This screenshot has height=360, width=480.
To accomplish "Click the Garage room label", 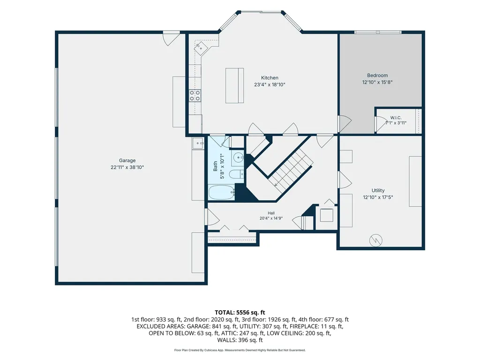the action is (x=127, y=160).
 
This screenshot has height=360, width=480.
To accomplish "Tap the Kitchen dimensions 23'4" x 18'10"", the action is (x=270, y=84).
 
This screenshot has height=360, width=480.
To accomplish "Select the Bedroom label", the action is (x=377, y=75).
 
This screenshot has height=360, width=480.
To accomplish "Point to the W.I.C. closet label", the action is (x=396, y=118).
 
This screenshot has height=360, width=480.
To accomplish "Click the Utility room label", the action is (x=378, y=190).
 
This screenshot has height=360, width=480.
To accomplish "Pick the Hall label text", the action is (x=271, y=213).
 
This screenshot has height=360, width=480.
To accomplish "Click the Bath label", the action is (x=215, y=166).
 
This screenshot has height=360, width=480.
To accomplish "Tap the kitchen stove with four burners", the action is (x=195, y=95).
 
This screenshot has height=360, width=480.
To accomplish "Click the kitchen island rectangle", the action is (x=234, y=86).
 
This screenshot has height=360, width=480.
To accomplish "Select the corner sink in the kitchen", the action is (x=201, y=47).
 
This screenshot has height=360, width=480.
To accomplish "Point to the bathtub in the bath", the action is (x=222, y=192).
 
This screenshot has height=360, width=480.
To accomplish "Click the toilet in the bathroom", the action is (x=237, y=174).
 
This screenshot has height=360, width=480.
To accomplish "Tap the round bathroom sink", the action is (x=238, y=158).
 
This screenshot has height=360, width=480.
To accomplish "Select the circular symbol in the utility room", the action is (x=375, y=240).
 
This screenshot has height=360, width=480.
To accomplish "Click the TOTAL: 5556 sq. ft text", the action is (x=240, y=313).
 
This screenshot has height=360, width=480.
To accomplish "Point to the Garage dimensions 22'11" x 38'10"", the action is (x=127, y=167).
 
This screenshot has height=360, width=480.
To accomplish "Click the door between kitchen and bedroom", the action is (x=345, y=124).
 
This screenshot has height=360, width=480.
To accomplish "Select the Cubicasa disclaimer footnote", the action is (x=240, y=350).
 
